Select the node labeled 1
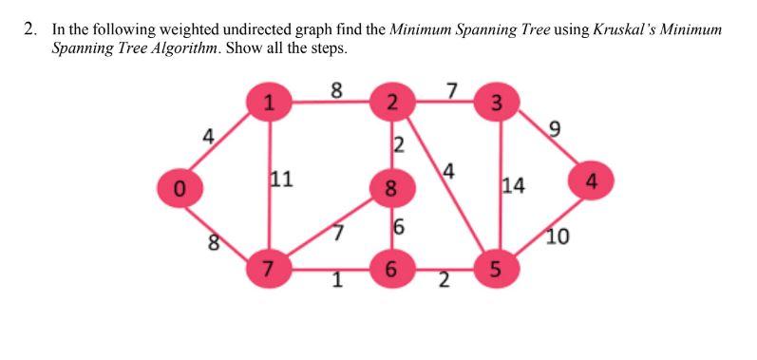270,104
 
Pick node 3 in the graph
497,103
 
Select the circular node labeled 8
389,186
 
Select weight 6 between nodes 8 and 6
399,227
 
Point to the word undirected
226,28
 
